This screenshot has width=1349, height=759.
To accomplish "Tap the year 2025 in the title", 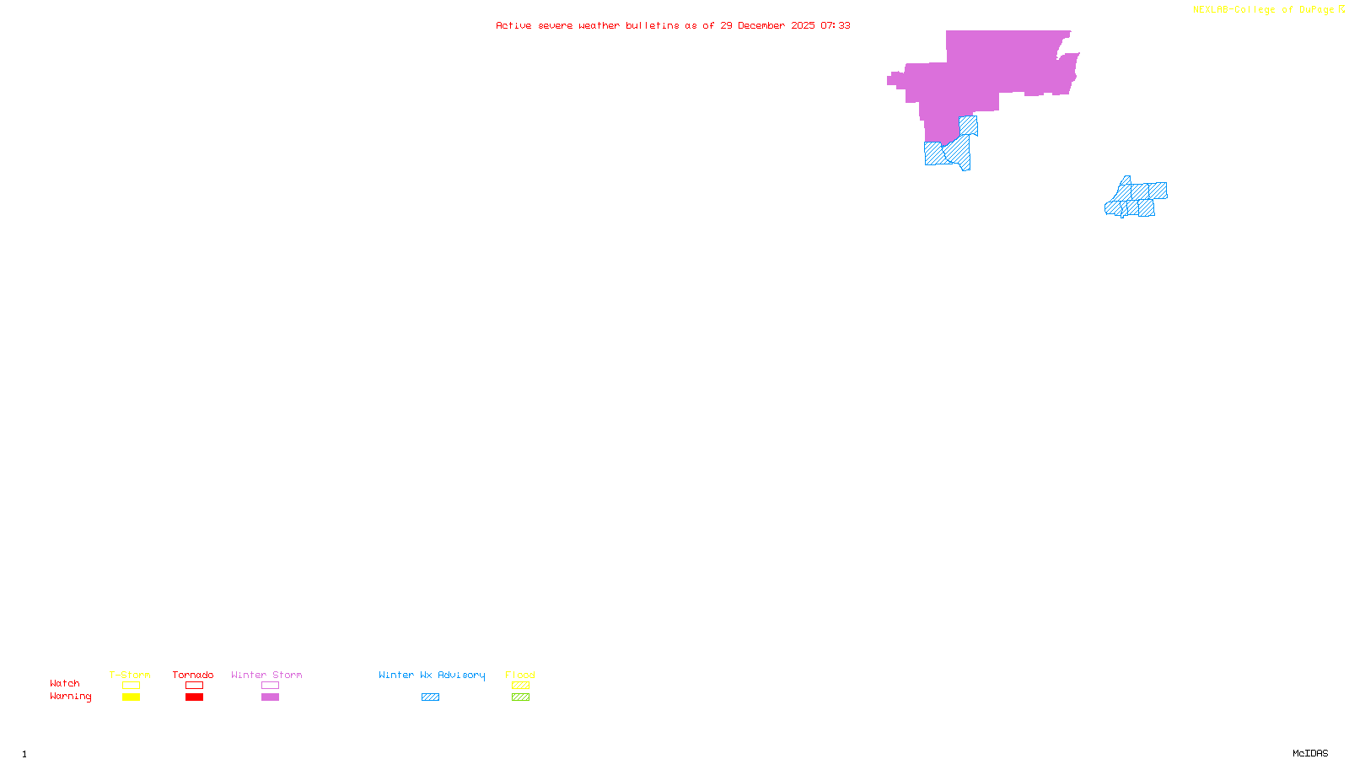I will click(x=803, y=25).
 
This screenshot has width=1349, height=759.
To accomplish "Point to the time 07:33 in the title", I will click(x=836, y=25).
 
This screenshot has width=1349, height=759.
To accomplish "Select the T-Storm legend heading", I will click(x=130, y=675).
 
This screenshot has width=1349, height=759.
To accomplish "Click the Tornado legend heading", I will click(x=193, y=675).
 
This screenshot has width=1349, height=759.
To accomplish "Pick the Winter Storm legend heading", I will click(x=266, y=675).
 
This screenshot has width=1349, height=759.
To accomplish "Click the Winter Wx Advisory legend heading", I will click(x=432, y=675).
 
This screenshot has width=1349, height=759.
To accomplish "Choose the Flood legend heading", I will click(x=520, y=675).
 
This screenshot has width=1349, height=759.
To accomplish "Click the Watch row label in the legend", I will click(x=65, y=683).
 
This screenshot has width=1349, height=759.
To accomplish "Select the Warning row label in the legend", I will click(x=71, y=697).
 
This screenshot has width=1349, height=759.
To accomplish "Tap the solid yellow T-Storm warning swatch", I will click(x=131, y=697).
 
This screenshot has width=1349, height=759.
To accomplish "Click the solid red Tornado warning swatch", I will click(x=194, y=697).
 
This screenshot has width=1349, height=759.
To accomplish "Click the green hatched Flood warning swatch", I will click(x=520, y=697).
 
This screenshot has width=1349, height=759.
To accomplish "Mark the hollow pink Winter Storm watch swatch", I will click(x=270, y=686).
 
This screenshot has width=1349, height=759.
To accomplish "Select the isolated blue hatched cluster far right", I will click(x=1137, y=199).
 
